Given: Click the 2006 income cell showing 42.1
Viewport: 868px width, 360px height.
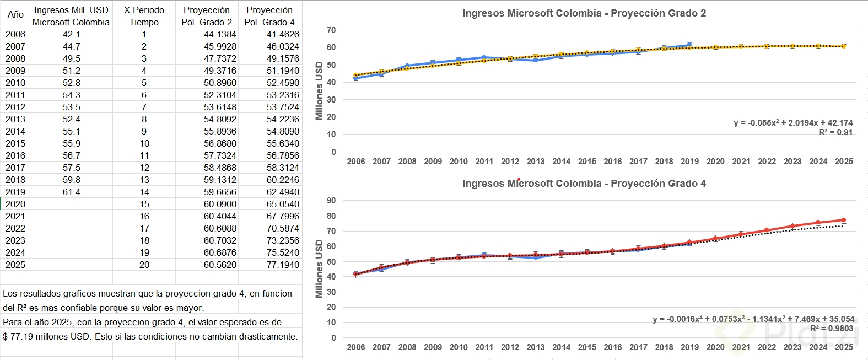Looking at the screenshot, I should click(x=71, y=34).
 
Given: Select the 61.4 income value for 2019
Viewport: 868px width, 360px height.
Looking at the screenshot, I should click(x=71, y=192).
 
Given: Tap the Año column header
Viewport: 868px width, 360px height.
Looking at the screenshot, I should click(x=15, y=15).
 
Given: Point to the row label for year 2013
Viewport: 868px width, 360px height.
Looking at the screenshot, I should click(x=15, y=119).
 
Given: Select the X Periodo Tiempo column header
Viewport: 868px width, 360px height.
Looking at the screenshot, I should click(x=144, y=16).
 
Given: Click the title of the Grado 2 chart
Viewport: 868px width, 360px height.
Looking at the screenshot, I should click(x=584, y=13).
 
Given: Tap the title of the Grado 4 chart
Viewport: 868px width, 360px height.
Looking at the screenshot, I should click(x=584, y=184).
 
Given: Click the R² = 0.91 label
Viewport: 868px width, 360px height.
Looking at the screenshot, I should click(x=835, y=132).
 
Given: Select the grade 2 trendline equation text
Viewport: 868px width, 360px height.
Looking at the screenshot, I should click(x=793, y=123).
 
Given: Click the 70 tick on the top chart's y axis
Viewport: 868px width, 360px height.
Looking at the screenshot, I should click(x=331, y=30).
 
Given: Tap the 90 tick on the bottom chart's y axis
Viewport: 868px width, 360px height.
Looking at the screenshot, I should click(x=331, y=201).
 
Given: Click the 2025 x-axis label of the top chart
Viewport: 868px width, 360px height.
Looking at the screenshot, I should click(x=844, y=162).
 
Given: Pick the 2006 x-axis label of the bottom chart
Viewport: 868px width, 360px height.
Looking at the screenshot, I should click(x=356, y=347).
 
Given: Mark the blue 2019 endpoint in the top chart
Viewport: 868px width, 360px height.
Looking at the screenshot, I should click(x=689, y=45).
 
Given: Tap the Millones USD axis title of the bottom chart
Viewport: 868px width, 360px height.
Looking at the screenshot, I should click(x=319, y=268).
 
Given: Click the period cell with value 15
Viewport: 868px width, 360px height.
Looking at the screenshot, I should click(x=144, y=204).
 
